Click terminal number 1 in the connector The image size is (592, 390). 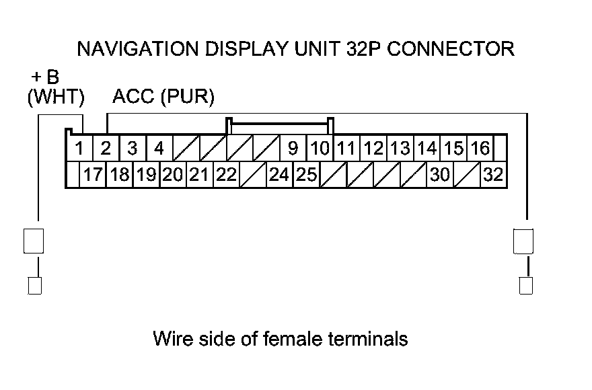[x=79, y=148]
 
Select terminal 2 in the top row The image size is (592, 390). [x=106, y=148]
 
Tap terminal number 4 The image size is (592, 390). [x=159, y=148]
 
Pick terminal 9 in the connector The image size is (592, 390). [x=293, y=148]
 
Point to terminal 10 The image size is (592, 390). [x=320, y=148]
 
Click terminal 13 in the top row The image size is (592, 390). [x=400, y=148]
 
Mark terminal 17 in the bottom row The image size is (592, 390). [x=92, y=175]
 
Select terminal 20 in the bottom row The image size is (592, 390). [x=172, y=175]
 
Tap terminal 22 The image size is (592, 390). [x=226, y=175]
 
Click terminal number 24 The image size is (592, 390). [x=279, y=175]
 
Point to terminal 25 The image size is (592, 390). [x=307, y=175]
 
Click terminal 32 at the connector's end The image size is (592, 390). [x=493, y=175]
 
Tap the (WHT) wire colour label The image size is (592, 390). [x=56, y=97]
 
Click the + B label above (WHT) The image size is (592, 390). [x=45, y=77]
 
